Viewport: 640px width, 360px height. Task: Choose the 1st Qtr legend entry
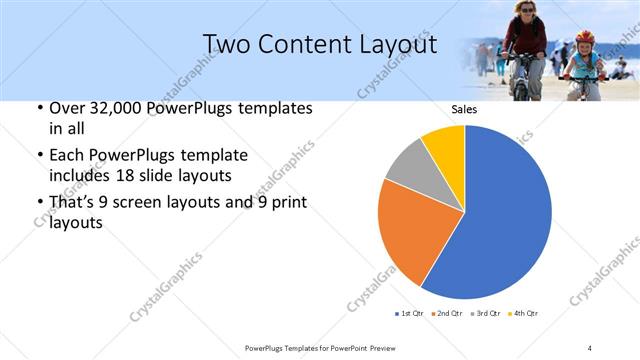[411, 314]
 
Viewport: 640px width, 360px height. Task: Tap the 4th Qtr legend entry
[525, 314]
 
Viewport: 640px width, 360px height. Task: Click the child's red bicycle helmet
[584, 37]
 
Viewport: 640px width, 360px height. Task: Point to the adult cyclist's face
[524, 9]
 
